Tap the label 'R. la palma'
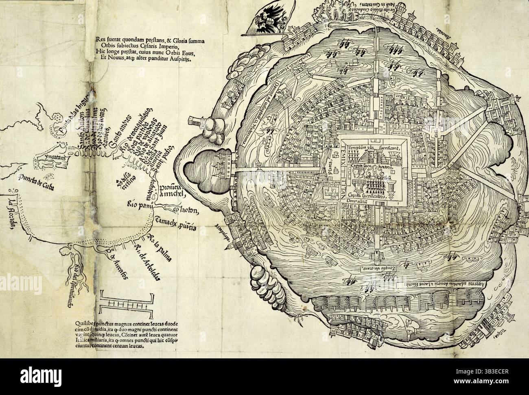(160, 247)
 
